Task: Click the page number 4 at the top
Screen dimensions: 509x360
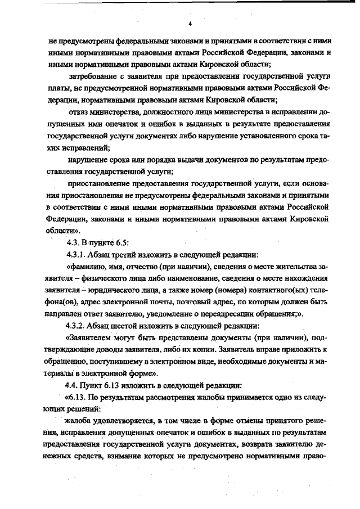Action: (x=191, y=24)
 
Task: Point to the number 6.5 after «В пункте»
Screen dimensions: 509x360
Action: (x=123, y=242)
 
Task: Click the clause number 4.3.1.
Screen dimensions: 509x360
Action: (x=79, y=255)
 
